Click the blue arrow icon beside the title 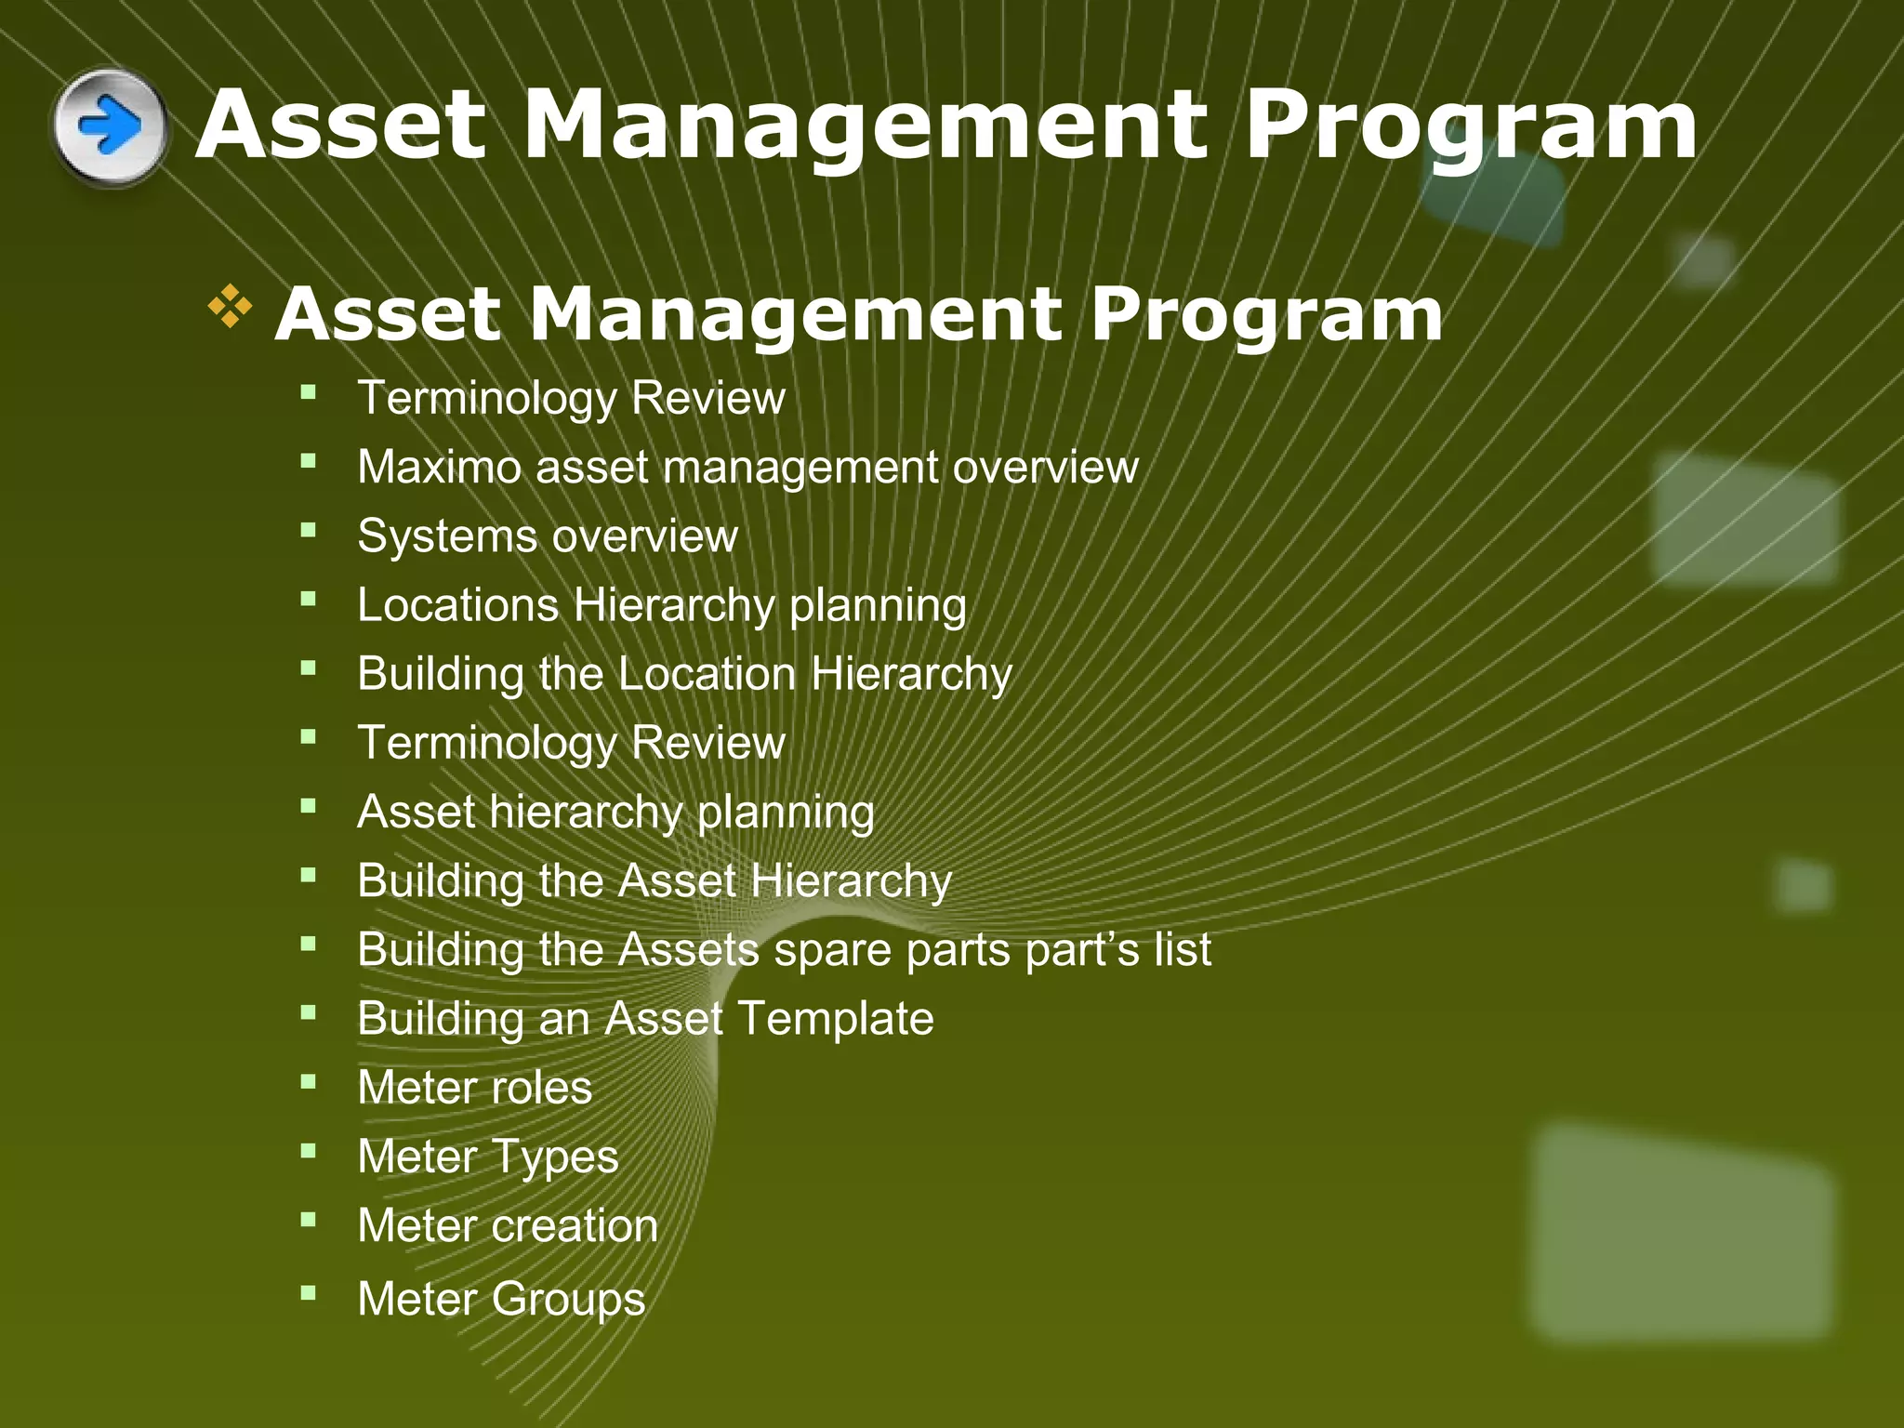coord(110,126)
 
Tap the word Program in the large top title coord(1471,126)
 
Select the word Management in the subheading coord(796,314)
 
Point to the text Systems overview coord(548,536)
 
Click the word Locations coord(457,605)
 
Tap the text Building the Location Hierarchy coord(684,674)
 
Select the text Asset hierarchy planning coord(615,813)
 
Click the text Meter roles coord(474,1088)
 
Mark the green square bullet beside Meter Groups coord(309,1292)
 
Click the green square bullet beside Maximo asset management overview coord(309,460)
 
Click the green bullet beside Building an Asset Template coord(309,1012)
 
